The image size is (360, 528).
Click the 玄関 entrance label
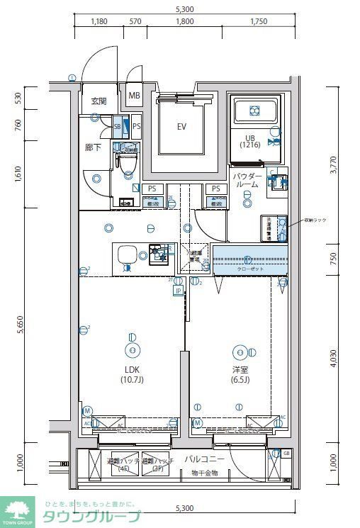pos(98,101)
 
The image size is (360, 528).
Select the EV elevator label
pos(181,127)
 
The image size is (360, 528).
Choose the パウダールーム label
pos(247,180)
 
